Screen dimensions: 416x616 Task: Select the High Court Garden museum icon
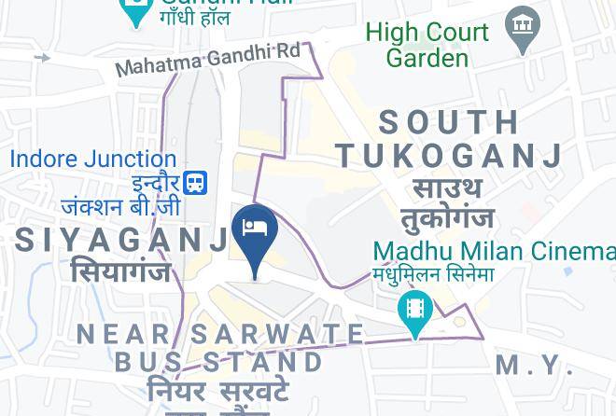[522, 27]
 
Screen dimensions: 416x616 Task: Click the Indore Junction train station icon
[195, 183]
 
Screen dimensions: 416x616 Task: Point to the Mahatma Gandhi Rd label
[207, 58]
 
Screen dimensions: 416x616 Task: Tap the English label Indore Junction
[92, 159]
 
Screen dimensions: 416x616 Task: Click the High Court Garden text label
[427, 44]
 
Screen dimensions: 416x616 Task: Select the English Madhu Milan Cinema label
[494, 251]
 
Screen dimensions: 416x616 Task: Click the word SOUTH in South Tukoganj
[449, 121]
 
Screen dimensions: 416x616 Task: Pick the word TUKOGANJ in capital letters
[450, 155]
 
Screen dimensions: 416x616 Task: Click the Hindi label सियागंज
[120, 271]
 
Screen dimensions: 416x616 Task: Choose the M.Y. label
[535, 365]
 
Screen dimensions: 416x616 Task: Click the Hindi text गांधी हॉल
[194, 17]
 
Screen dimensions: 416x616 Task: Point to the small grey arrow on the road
[42, 58]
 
